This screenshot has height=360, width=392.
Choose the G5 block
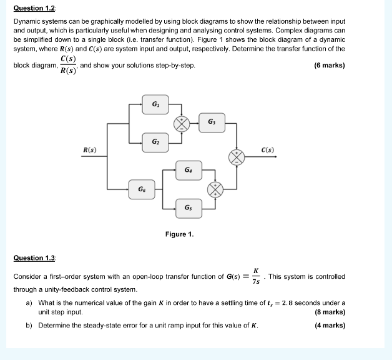[188, 207]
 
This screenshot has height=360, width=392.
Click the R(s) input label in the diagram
[90, 150]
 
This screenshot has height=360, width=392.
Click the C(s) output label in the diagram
[268, 150]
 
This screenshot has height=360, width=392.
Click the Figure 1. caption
[179, 234]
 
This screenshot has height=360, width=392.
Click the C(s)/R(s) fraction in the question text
[68, 65]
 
